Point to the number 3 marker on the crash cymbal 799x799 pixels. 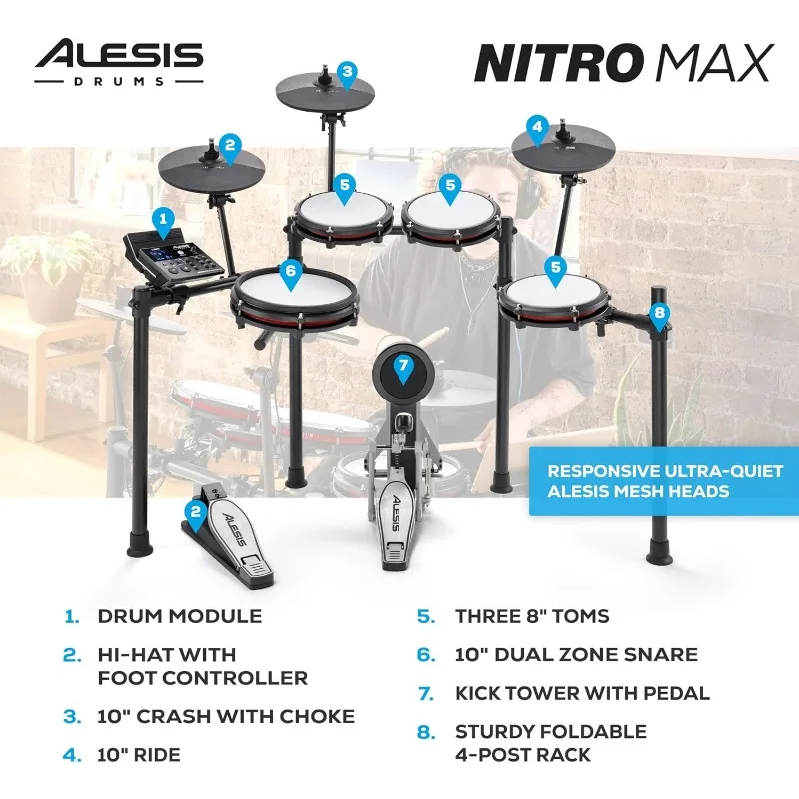point(346,71)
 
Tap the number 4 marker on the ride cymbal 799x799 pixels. point(538,127)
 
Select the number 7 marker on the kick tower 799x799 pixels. point(403,366)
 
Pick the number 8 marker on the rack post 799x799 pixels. point(658,312)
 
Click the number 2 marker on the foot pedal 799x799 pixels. point(196,513)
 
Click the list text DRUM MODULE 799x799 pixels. point(179,616)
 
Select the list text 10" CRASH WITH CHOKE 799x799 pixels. point(225,716)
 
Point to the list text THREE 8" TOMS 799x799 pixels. point(531,616)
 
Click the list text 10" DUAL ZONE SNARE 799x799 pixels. point(575,654)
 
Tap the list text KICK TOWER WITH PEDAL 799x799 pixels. point(582,692)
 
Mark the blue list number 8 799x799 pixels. point(426,732)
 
